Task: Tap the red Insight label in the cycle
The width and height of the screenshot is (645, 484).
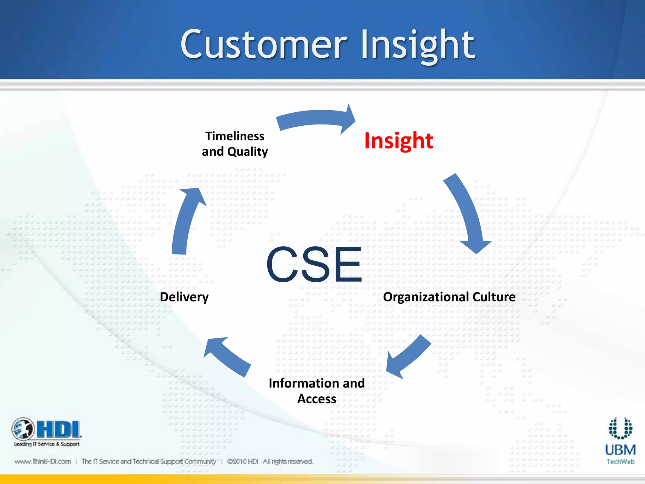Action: tap(398, 141)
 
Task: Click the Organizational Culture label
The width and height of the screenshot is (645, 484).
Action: tap(449, 297)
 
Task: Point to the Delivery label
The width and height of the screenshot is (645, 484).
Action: tap(184, 297)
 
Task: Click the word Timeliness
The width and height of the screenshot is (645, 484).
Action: tap(235, 136)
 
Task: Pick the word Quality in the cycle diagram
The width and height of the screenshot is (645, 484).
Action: tap(248, 152)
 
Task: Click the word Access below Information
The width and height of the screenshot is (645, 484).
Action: tap(317, 399)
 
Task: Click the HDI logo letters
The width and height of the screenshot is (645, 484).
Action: tap(58, 429)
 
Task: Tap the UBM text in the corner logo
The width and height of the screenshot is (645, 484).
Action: tap(620, 450)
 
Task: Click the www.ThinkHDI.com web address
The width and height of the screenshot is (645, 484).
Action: tap(43, 462)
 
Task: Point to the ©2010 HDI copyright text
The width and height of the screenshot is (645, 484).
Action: tap(243, 462)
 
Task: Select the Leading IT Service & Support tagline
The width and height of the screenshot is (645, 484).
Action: tap(47, 444)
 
